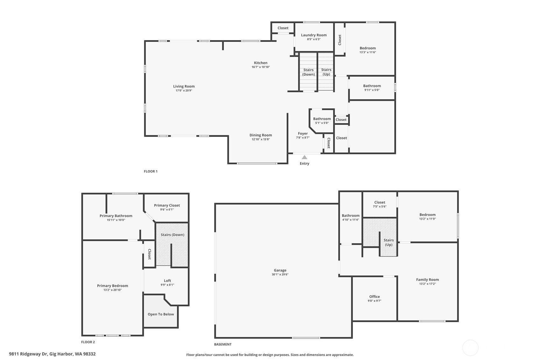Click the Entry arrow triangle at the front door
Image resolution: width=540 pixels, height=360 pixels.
(304, 157)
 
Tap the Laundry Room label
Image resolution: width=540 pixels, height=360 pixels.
(314, 35)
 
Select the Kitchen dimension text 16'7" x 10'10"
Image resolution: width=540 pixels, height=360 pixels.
(261, 67)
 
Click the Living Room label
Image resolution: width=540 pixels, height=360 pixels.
(184, 86)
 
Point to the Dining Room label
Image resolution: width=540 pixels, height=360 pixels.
(261, 135)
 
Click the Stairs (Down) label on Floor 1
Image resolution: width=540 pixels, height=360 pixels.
(308, 72)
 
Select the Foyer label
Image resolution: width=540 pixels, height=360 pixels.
(303, 134)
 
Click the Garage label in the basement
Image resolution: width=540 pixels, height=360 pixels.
(280, 270)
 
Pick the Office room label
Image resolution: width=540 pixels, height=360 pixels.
(375, 296)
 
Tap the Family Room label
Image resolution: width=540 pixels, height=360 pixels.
(427, 279)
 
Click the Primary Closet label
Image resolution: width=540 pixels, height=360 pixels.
(167, 205)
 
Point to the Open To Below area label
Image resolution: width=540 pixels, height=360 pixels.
(161, 314)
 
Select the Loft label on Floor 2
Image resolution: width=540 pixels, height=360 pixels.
(167, 280)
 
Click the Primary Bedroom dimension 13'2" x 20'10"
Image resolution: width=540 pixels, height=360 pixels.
(113, 290)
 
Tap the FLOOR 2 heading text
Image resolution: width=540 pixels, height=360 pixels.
(88, 342)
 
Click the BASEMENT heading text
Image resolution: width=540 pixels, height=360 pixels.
(223, 344)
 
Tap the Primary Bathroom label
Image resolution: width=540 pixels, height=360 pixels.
(116, 215)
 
